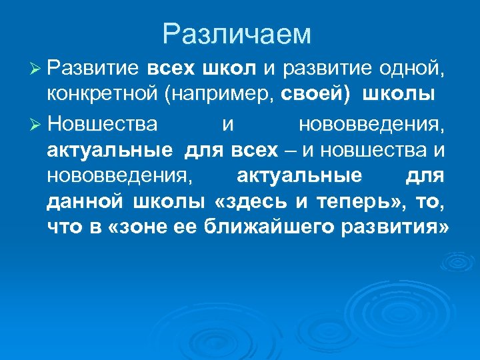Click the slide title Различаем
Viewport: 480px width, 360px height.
[x=237, y=34]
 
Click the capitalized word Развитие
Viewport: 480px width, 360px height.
[x=93, y=68]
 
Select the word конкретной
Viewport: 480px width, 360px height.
[x=99, y=95]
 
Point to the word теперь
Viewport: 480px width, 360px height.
[x=359, y=201]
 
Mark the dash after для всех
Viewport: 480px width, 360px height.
[x=290, y=151]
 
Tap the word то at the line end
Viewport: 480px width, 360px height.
[x=429, y=201]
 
